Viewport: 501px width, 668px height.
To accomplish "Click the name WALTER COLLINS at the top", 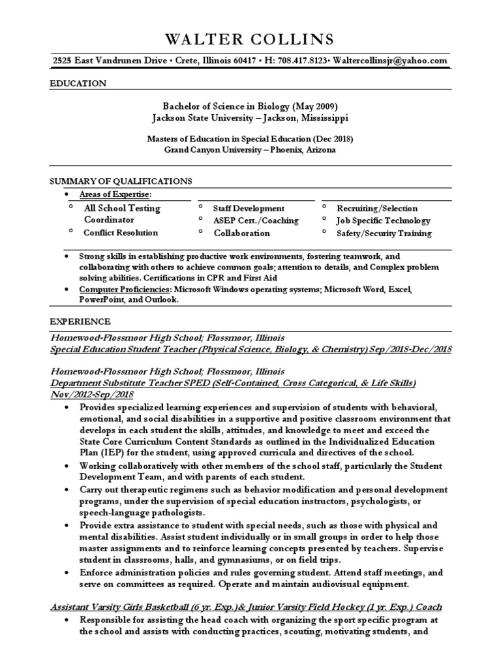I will [250, 38].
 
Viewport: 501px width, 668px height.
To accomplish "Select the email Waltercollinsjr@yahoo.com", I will [391, 61].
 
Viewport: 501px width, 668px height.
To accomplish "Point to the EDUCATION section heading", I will [78, 83].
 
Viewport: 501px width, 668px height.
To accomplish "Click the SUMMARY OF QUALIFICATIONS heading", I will [121, 181].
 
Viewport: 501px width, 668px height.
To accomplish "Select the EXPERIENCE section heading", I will [80, 322].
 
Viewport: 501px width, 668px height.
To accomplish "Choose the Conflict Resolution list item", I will [121, 232].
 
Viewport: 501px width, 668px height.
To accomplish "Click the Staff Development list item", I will [249, 208].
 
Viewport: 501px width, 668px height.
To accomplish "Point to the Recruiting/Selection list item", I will [377, 208].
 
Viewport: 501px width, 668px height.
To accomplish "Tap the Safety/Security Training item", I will [384, 233].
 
